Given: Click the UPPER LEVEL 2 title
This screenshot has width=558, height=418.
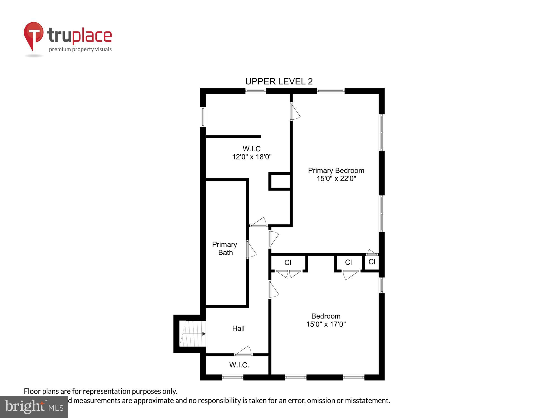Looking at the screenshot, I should pos(279,81).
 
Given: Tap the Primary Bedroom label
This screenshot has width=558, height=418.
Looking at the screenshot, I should pos(336,171).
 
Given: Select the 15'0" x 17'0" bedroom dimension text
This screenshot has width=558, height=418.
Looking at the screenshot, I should pos(326,324).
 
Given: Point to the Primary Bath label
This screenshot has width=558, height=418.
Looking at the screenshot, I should pos(225,248).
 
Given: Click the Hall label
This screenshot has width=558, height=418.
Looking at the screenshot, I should pos(238,329).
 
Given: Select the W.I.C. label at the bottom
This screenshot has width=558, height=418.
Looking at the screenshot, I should pos(239,365).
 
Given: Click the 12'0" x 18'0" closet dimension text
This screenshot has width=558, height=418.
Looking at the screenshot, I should pos(252,157).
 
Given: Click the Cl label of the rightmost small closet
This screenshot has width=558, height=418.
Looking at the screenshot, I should pos(372,262).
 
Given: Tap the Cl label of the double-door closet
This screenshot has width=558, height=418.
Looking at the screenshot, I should pos(288,263).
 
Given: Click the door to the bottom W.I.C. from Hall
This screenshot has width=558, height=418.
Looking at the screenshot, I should pos(243,352).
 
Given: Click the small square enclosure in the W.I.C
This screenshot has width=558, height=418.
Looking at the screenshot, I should pos(280,181).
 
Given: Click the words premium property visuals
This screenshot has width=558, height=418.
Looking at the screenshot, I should pos(80,50).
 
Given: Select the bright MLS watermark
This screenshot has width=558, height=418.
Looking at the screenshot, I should pos(34,407).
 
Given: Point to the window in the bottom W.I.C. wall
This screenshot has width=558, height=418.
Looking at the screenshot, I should pos(233,377).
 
